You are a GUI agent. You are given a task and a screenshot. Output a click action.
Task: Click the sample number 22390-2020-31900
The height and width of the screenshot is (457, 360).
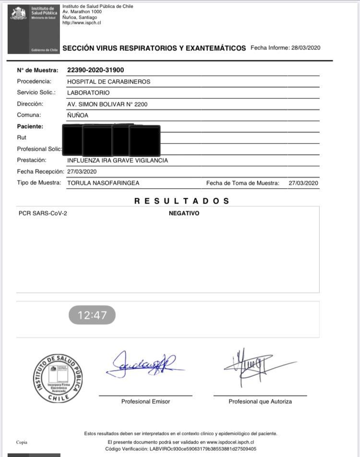pyautogui.click(x=96, y=70)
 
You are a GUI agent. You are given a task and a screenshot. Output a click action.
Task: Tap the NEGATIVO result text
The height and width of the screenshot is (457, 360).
pyautogui.click(x=184, y=214)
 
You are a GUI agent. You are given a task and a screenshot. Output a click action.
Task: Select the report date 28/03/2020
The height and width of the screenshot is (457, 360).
pyautogui.click(x=306, y=48)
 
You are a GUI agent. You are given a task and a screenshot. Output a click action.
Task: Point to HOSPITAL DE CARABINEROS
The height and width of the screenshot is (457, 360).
pyautogui.click(x=108, y=82)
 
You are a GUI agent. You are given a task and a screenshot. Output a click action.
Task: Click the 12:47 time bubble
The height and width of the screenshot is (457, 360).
pyautogui.click(x=92, y=315)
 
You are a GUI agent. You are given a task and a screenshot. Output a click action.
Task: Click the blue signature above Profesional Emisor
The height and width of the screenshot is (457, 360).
pyautogui.click(x=143, y=365)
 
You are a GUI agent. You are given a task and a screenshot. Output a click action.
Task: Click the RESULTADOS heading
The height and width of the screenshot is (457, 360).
pyautogui.click(x=181, y=201)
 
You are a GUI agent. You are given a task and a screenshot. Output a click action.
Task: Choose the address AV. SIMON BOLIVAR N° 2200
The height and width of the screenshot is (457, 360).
pyautogui.click(x=107, y=104)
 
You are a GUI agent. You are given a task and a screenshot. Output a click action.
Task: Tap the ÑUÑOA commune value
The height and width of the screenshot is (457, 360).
pyautogui.click(x=78, y=115)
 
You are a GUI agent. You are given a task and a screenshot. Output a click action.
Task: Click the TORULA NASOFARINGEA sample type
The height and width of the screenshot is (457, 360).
pyautogui.click(x=103, y=183)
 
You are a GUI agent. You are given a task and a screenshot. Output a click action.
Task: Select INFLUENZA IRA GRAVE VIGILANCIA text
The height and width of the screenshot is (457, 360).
pyautogui.click(x=118, y=160)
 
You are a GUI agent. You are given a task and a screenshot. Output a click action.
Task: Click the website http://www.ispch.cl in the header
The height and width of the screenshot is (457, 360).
pyautogui.click(x=82, y=23)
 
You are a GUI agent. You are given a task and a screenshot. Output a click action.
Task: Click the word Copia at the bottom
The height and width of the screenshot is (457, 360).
pyautogui.click(x=22, y=442)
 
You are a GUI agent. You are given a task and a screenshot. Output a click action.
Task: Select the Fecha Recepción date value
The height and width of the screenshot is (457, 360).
pyautogui.click(x=82, y=171)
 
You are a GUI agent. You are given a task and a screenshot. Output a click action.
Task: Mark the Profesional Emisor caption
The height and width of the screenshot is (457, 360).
pyautogui.click(x=145, y=401)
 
